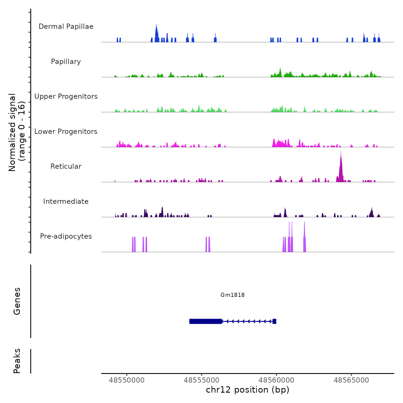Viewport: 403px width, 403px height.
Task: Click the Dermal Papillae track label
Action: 66,26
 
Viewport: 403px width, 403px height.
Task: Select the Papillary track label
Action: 66,62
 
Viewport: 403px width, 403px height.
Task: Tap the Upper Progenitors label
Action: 66,96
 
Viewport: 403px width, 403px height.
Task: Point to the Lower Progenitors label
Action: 66,132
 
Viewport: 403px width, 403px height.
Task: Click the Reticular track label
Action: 66,166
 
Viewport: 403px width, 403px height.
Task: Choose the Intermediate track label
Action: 66,201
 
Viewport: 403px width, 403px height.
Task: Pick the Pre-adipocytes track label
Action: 66,236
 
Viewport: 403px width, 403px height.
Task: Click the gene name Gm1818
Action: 233,295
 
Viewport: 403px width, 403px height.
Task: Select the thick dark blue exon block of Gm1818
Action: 206,321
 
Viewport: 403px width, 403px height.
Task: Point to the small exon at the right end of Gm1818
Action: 274,321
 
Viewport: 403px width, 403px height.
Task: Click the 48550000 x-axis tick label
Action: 127,380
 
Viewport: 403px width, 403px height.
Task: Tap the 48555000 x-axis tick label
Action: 201,380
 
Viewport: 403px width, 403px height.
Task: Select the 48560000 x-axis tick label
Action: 276,380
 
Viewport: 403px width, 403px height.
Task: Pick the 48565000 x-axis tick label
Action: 351,380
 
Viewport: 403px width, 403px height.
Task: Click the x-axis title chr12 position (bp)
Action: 248,390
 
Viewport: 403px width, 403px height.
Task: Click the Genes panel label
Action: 17,301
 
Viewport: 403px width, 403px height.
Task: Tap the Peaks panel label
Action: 17,361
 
